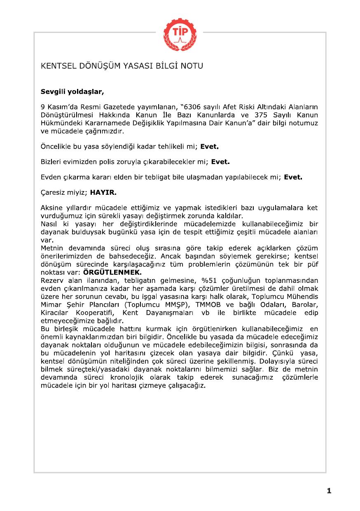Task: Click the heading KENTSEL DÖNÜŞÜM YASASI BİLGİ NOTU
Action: click(x=122, y=66)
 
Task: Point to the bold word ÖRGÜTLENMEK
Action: click(x=112, y=272)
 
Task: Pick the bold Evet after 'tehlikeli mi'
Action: click(x=209, y=146)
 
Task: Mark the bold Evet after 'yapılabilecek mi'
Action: click(x=293, y=177)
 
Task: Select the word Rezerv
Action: click(x=51, y=280)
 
